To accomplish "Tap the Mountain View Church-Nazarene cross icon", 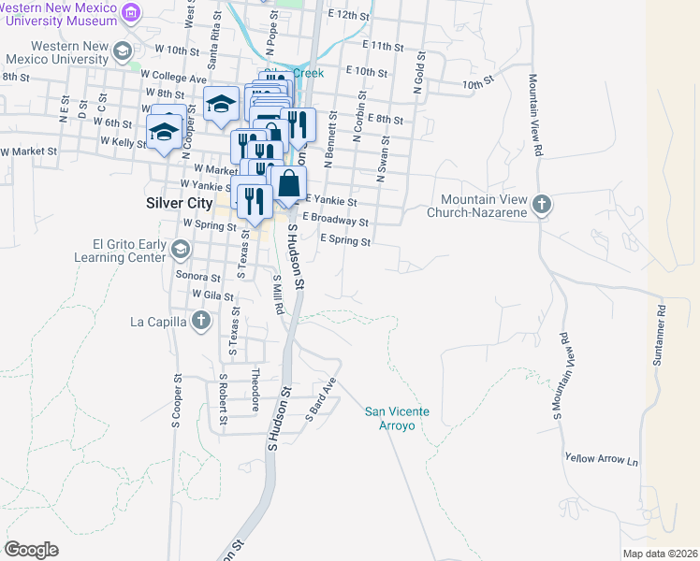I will [540, 204].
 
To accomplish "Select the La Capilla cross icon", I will [199, 322].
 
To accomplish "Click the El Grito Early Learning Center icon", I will [181, 249].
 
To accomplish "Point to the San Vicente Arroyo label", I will [389, 418].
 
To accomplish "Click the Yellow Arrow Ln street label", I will [601, 459].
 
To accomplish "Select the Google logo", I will [31, 550].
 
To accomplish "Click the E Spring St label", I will [345, 240].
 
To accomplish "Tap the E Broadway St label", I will [335, 221].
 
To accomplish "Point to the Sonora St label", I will [197, 277].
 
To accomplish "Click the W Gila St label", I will [211, 294].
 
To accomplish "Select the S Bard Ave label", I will [320, 400].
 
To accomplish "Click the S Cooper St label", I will [175, 402].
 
